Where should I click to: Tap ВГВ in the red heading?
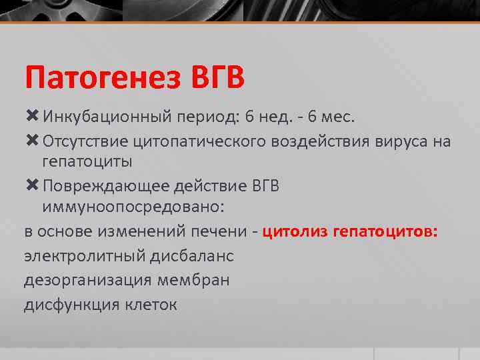click(x=217, y=77)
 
